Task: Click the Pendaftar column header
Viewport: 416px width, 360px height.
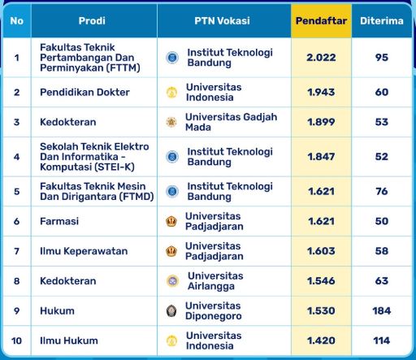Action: coord(321,20)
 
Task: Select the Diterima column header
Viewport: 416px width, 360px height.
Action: coord(381,20)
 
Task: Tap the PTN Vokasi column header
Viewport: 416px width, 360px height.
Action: coord(222,20)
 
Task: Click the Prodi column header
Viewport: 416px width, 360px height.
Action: coord(91,20)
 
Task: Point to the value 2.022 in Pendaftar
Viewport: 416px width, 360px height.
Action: coord(321,58)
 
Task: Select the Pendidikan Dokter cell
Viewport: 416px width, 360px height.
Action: coord(84,93)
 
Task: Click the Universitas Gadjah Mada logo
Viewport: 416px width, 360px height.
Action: coord(171,123)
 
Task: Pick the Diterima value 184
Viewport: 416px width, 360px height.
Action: coord(381,310)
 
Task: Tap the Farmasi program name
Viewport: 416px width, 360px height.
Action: coord(58,221)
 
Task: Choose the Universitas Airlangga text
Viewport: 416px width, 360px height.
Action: coord(215,281)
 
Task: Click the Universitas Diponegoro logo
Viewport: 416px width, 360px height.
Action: coord(171,310)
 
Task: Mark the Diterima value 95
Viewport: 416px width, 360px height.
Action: coord(381,58)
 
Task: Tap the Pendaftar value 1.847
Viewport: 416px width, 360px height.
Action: coord(321,157)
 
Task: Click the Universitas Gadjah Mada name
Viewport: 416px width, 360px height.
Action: coord(219,123)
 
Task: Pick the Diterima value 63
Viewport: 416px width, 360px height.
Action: coord(381,281)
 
